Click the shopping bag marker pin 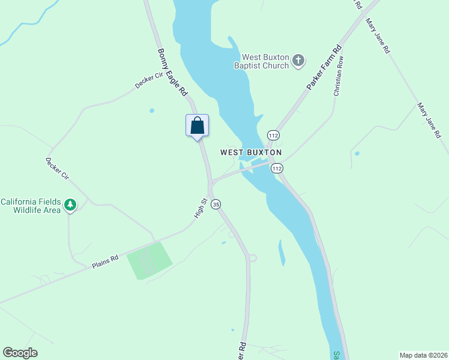click(197, 127)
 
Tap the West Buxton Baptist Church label click(262, 61)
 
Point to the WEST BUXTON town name click(251, 152)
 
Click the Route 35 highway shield click(216, 204)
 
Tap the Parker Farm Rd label click(324, 67)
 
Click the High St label click(200, 208)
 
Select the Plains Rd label click(105, 262)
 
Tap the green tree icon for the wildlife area click(71, 205)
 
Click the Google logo click(20, 353)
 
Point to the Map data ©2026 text click(423, 355)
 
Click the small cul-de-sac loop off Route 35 click(252, 257)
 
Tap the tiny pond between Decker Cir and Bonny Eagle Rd click(152, 110)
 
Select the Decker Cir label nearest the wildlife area click(58, 169)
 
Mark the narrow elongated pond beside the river click(282, 253)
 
